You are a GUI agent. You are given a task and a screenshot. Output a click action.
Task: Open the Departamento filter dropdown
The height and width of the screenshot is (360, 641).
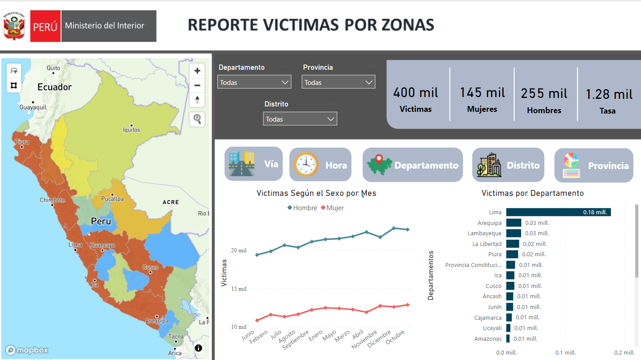(x=254, y=82)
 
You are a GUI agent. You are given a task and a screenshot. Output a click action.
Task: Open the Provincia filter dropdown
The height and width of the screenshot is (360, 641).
(x=338, y=82)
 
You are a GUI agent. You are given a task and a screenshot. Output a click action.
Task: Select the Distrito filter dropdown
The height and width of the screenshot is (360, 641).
(x=300, y=119)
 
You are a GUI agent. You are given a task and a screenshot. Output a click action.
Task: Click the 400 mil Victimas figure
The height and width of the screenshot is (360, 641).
(x=416, y=93)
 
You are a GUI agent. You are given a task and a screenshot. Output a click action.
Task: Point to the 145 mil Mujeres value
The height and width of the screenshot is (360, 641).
(x=482, y=93)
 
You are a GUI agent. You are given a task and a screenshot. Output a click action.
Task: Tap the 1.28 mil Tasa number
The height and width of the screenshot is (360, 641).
(x=609, y=94)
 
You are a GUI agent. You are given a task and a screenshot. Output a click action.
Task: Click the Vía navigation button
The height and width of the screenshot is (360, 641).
(x=254, y=164)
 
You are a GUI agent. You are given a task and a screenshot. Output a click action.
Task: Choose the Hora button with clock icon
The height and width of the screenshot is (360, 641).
(x=320, y=165)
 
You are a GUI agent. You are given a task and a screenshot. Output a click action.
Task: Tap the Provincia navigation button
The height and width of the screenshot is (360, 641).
(x=594, y=165)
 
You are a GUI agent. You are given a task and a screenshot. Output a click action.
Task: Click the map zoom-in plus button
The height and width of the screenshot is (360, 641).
(x=197, y=71)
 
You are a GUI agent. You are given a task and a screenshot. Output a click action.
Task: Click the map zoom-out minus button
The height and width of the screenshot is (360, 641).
(x=197, y=85)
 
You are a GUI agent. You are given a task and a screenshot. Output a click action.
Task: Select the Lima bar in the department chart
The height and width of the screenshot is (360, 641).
(x=558, y=212)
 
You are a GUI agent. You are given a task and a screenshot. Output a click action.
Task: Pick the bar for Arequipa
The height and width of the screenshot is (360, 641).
(x=514, y=223)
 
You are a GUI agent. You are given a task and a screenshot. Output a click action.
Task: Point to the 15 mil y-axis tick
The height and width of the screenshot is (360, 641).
(x=238, y=289)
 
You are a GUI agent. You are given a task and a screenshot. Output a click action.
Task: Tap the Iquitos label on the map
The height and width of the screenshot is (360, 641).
(x=132, y=130)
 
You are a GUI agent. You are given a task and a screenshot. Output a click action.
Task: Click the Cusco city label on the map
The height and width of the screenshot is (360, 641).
(x=150, y=267)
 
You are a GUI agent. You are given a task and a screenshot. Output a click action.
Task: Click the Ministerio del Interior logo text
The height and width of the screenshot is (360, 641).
(x=105, y=26)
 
